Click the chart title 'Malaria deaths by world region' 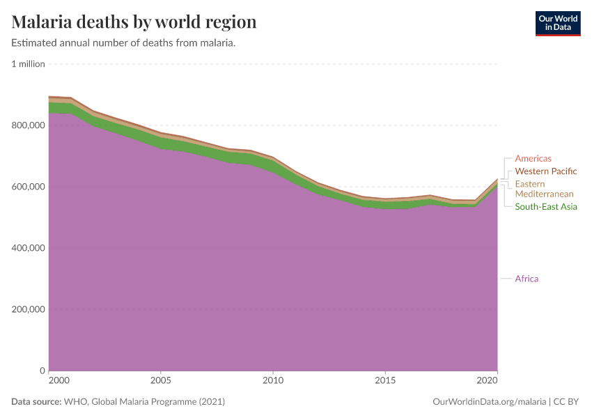coord(134,22)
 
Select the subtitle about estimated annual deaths coord(123,43)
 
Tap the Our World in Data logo coord(557,23)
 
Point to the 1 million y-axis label coord(29,64)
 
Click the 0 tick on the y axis coord(42,371)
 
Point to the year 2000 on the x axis coord(59,381)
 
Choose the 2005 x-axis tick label coord(161,381)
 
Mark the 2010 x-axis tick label coord(273,381)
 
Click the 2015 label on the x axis coord(385,381)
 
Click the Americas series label coord(533,159)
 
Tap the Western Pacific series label coord(545,171)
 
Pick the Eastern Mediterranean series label coord(544,189)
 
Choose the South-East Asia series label coord(545,207)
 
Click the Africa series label coord(527,279)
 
